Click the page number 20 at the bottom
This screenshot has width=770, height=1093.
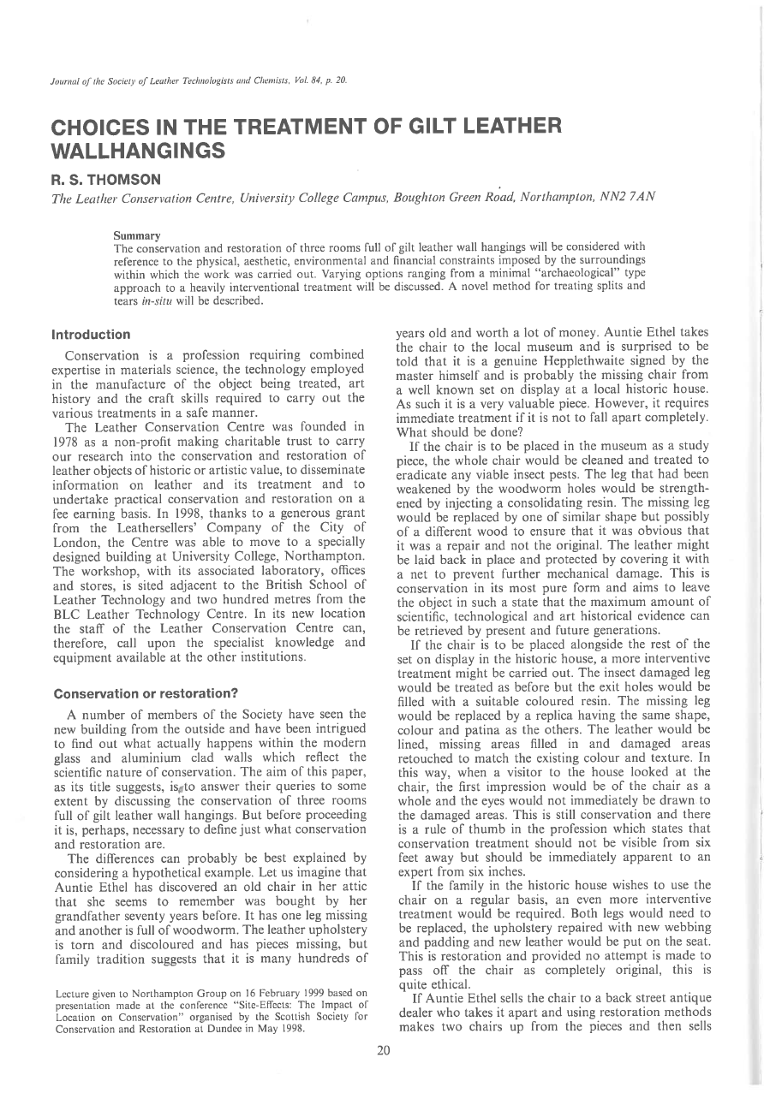[x=384, y=1050]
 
